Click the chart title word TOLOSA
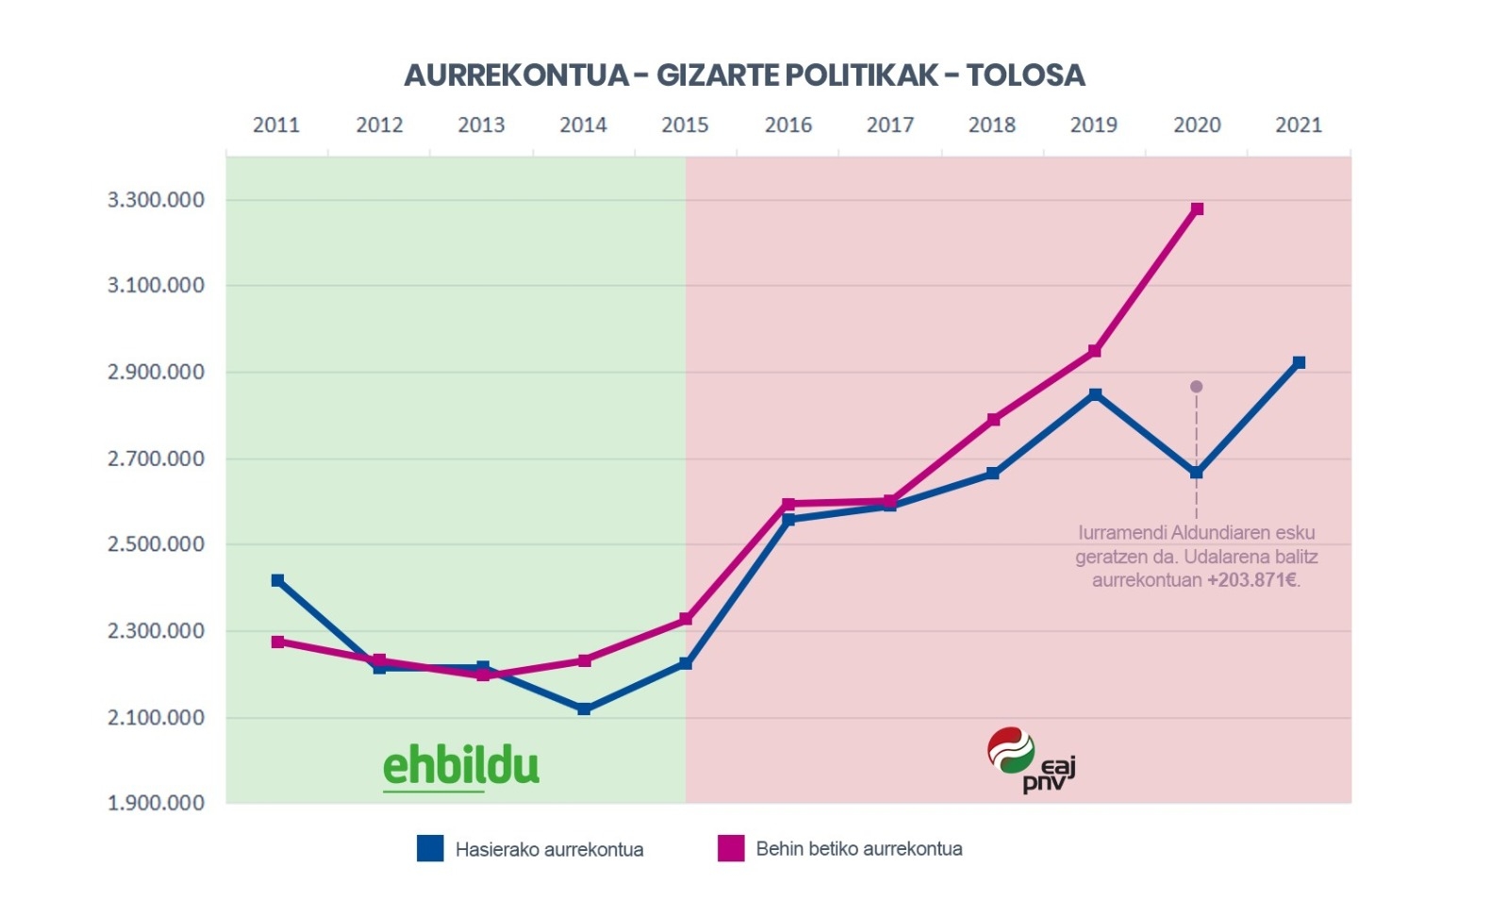(1025, 75)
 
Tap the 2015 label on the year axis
(685, 125)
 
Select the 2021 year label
(1299, 125)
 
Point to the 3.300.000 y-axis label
(156, 200)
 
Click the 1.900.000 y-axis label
(156, 803)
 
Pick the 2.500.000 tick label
(156, 544)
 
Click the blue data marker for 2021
(1299, 362)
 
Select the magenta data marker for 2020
(1197, 208)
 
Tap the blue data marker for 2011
(277, 580)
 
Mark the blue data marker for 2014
(584, 709)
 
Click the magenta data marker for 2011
(277, 642)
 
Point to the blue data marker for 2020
(1197, 473)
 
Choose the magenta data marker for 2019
(1095, 351)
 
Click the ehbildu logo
(460, 766)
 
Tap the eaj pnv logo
(1030, 759)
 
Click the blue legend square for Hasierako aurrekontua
(430, 848)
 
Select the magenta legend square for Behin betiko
(731, 848)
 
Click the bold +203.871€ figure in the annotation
(1252, 580)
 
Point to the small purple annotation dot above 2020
(1196, 387)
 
